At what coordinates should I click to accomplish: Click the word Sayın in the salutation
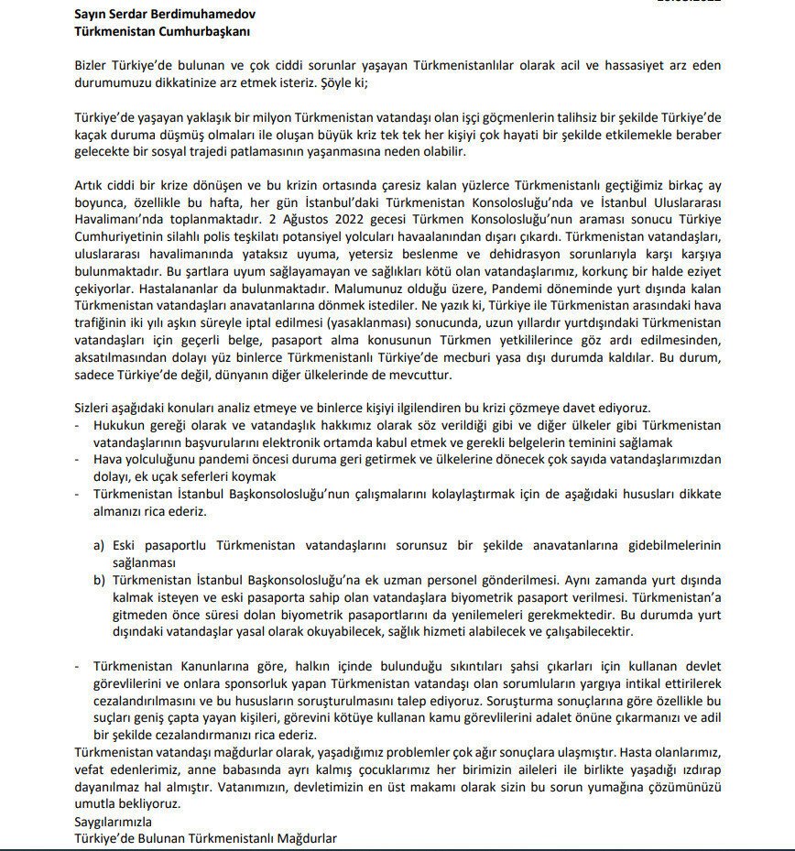pyautogui.click(x=93, y=15)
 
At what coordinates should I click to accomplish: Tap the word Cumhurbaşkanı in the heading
pyautogui.click(x=201, y=31)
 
